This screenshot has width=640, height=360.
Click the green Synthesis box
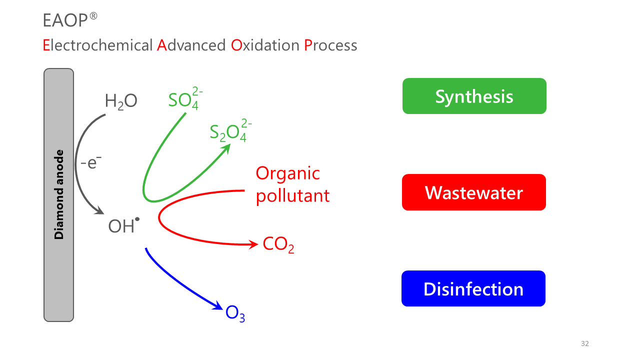[474, 96]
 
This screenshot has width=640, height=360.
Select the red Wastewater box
[473, 192]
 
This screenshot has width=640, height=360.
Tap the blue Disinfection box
[473, 288]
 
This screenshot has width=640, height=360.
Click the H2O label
[121, 101]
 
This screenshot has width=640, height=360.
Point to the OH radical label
[123, 226]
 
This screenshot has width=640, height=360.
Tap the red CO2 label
[278, 244]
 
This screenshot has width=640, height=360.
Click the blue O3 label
[235, 313]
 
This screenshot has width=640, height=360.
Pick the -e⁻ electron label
[91, 162]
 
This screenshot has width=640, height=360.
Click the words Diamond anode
[59, 194]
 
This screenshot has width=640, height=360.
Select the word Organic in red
[287, 173]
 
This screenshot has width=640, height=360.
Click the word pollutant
[292, 195]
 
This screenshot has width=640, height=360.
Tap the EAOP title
[64, 20]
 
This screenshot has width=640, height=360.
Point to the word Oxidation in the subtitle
[265, 45]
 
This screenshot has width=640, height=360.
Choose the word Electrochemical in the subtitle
[97, 45]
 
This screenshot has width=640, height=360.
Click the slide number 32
[585, 343]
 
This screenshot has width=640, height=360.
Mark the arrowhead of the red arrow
[254, 244]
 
